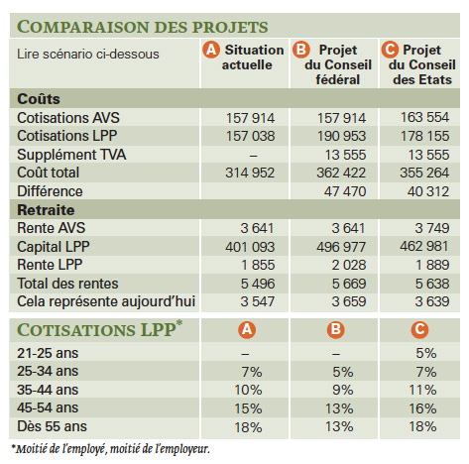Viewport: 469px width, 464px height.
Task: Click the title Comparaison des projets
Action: point(142,27)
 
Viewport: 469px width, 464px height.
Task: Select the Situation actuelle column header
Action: point(244,58)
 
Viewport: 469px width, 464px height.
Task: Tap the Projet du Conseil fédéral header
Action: point(332,64)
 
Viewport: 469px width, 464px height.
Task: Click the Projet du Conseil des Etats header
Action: point(418,64)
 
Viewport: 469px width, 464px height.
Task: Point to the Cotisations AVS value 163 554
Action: point(424,117)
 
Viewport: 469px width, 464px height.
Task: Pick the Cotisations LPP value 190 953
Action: point(341,136)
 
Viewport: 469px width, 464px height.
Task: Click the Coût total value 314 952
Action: point(250,173)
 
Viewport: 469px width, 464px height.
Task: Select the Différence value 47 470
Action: point(345,191)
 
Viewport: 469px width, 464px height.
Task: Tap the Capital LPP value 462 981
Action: point(424,246)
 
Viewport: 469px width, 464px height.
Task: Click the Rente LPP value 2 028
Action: point(349,265)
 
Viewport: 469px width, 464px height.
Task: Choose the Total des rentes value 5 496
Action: point(258,284)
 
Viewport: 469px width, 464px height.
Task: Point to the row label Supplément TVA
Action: point(71,155)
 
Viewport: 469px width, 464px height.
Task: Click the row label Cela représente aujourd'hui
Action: point(106,301)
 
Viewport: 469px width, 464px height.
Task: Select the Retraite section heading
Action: point(46,210)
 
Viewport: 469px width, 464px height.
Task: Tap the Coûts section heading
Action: point(39,99)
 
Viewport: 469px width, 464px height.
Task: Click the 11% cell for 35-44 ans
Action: point(422,390)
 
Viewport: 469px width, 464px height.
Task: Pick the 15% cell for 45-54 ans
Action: point(248,408)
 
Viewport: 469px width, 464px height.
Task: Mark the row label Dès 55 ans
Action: point(52,426)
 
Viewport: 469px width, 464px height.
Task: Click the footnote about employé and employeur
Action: point(111,449)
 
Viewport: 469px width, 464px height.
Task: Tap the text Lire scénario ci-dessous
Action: point(88,54)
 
